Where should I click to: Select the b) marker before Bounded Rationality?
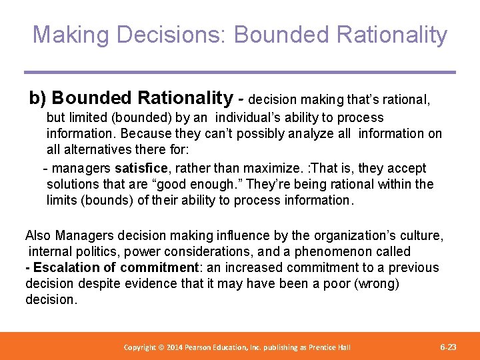coord(37,99)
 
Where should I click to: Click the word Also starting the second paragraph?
coord(39,235)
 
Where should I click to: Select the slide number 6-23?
coord(449,347)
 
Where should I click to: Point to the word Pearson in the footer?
coord(205,347)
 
